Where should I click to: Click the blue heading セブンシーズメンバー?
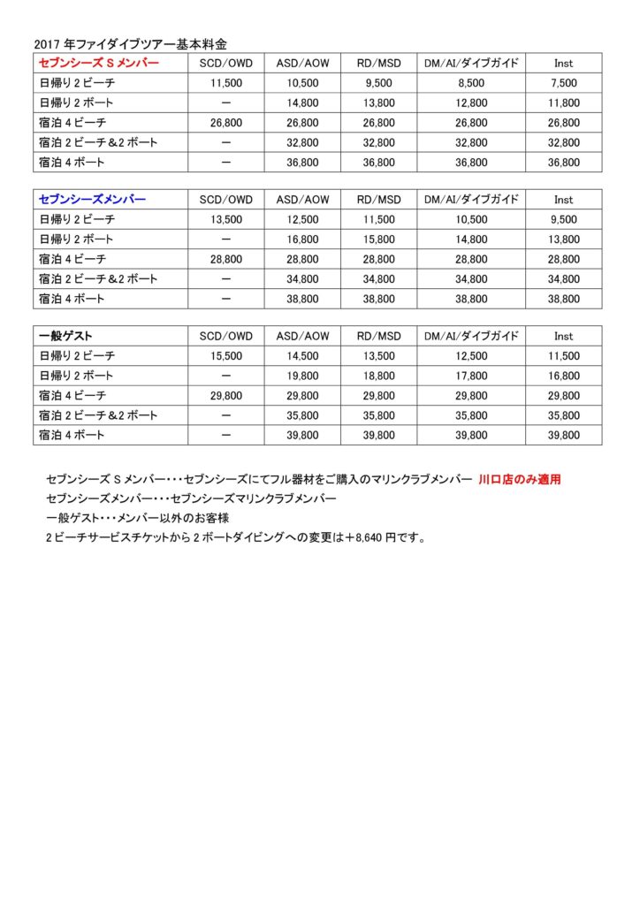pos(92,200)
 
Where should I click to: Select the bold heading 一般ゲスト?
pos(66,337)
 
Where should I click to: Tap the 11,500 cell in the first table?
pos(226,83)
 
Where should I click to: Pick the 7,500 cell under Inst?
pos(565,83)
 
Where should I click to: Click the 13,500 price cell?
pos(226,220)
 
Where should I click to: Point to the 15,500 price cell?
pos(226,356)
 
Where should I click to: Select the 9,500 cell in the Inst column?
pos(565,220)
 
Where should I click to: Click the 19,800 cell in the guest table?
pos(303,376)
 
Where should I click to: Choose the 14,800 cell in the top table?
pos(303,103)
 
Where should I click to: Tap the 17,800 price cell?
pos(471,376)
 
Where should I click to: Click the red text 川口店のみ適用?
pos(525,480)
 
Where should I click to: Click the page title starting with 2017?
pos(130,42)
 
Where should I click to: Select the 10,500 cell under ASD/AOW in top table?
pos(303,83)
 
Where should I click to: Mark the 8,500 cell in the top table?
pos(471,83)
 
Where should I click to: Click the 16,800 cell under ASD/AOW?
pos(303,240)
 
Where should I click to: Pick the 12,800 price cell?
pos(471,103)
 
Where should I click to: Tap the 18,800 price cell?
pos(379,376)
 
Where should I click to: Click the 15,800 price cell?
pos(379,240)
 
